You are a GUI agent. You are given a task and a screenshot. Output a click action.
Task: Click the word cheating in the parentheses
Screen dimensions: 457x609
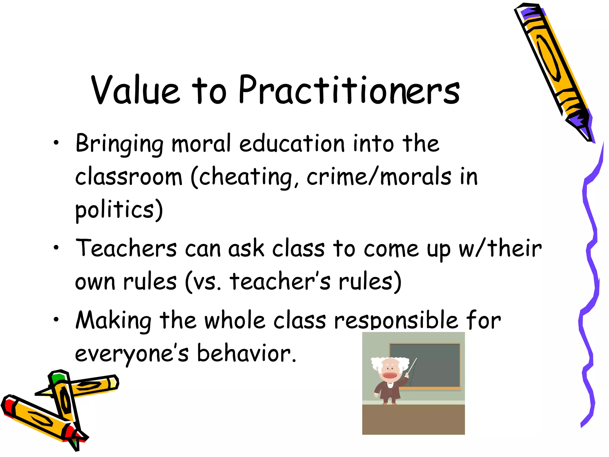[x=246, y=177]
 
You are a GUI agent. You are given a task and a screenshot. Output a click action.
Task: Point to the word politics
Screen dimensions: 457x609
[x=115, y=209]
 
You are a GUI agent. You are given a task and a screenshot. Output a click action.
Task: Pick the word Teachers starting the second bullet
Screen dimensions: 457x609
[x=126, y=248]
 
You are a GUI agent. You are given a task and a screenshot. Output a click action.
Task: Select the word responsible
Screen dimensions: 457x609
[x=396, y=321]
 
